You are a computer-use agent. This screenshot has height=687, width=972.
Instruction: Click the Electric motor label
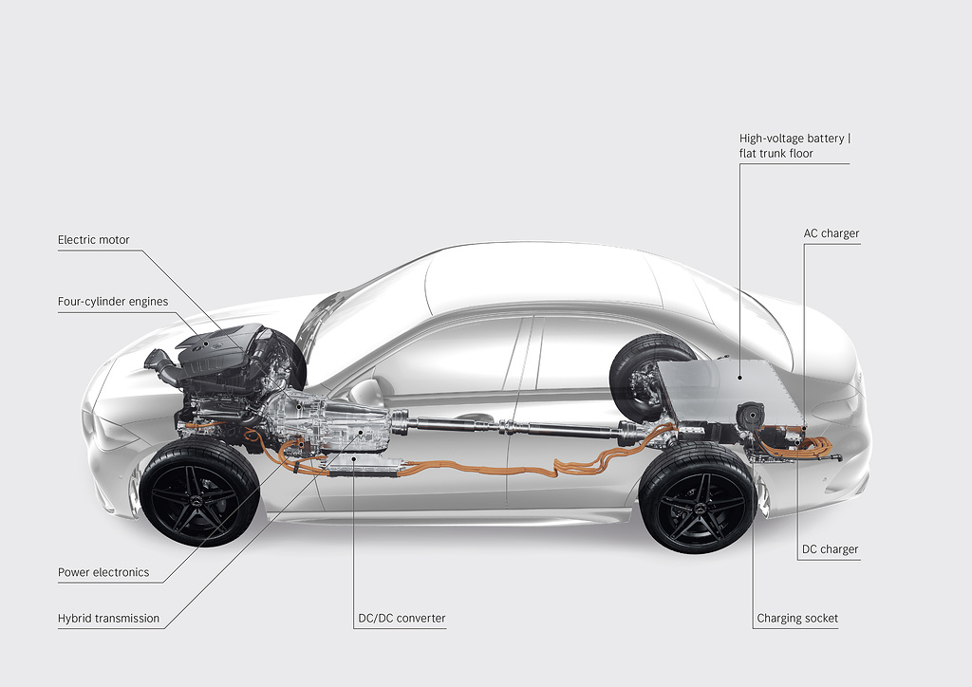click(x=93, y=240)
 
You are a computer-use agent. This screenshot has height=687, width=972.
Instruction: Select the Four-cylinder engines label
click(x=113, y=302)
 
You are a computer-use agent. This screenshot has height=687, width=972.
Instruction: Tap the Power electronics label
click(x=103, y=572)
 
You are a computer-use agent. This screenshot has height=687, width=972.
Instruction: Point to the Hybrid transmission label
click(x=108, y=619)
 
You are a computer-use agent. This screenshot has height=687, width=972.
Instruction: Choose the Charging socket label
click(x=797, y=619)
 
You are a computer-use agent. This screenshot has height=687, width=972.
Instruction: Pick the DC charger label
click(x=830, y=549)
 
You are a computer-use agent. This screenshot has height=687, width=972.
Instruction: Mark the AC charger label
click(x=831, y=233)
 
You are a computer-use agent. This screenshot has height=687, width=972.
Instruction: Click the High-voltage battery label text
click(x=794, y=139)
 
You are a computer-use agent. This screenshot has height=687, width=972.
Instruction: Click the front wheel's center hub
click(x=199, y=492)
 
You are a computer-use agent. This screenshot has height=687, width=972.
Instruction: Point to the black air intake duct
click(x=163, y=365)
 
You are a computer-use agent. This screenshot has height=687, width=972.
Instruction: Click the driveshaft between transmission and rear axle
click(x=513, y=423)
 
